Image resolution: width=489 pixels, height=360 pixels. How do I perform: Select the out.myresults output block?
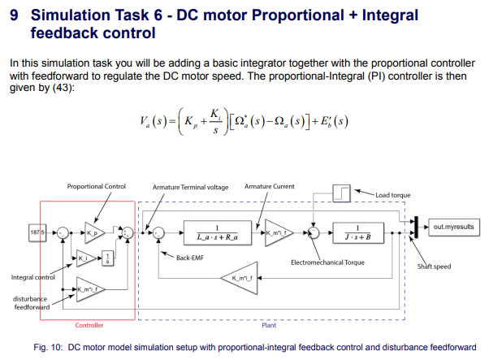452,227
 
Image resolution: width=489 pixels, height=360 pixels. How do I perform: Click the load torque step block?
344,195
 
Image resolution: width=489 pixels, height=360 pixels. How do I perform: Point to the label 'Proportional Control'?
96,186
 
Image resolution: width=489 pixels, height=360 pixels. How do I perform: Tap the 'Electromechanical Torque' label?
326,262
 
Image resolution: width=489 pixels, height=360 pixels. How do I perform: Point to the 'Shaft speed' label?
435,266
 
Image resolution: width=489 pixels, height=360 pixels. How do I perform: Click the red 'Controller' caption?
89,325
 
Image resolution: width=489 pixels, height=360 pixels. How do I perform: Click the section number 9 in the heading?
13,15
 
